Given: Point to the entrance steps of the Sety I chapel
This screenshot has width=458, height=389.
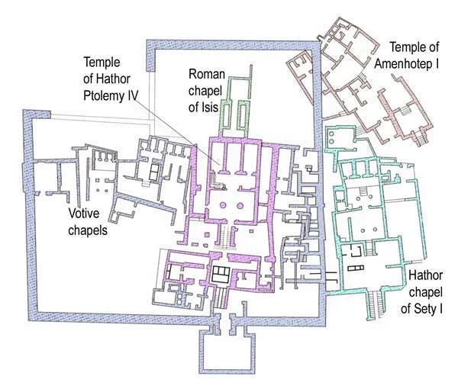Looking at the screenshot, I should (x=373, y=304).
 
